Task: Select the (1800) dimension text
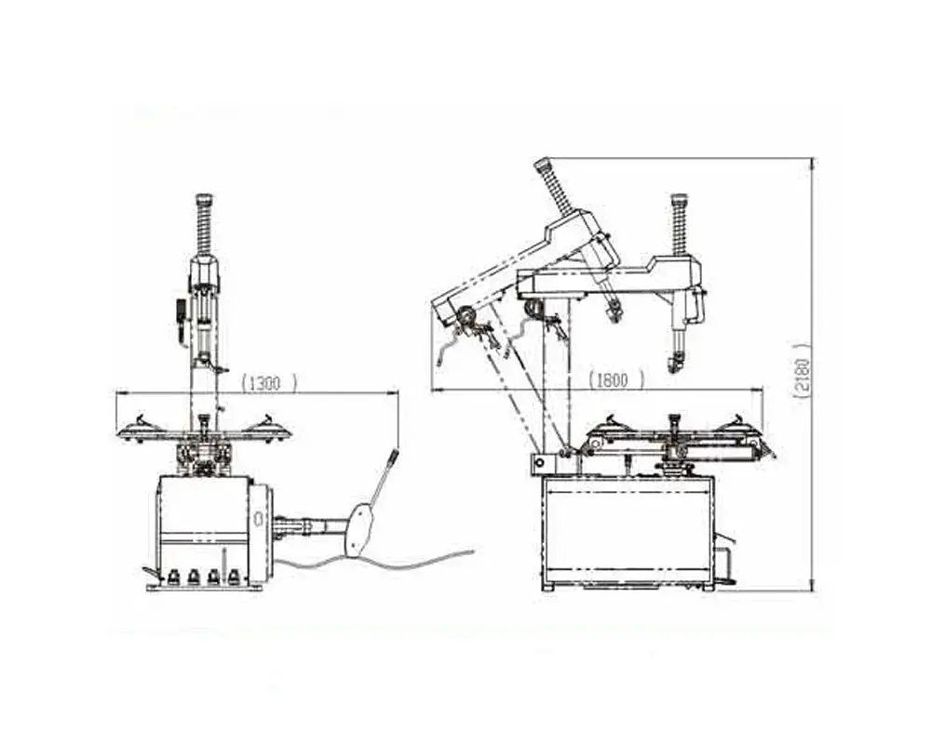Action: [x=615, y=379]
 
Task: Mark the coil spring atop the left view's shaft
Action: [x=204, y=229]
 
